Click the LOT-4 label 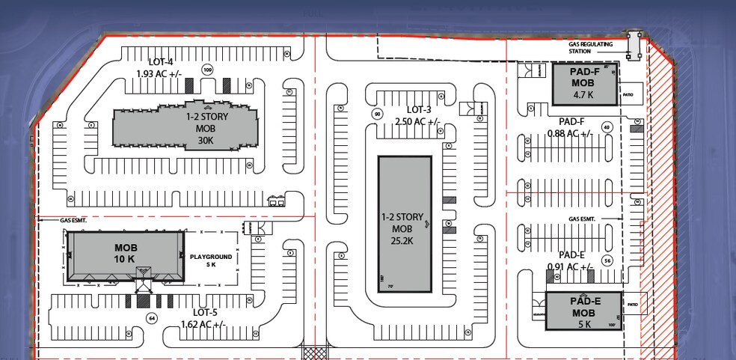pyautogui.click(x=161, y=61)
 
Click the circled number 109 pyautogui.click(x=207, y=70)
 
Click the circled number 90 pyautogui.click(x=378, y=114)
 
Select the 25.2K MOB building pyautogui.click(x=405, y=225)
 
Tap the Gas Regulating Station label pyautogui.click(x=590, y=48)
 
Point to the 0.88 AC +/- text pyautogui.click(x=570, y=133)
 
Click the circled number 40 pyautogui.click(x=607, y=127)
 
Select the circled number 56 pyautogui.click(x=607, y=260)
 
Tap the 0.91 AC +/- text pyautogui.click(x=571, y=266)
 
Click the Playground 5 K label pyautogui.click(x=211, y=260)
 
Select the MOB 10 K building pyautogui.click(x=126, y=254)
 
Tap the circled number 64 pyautogui.click(x=152, y=318)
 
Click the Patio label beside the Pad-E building pyautogui.click(x=633, y=305)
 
